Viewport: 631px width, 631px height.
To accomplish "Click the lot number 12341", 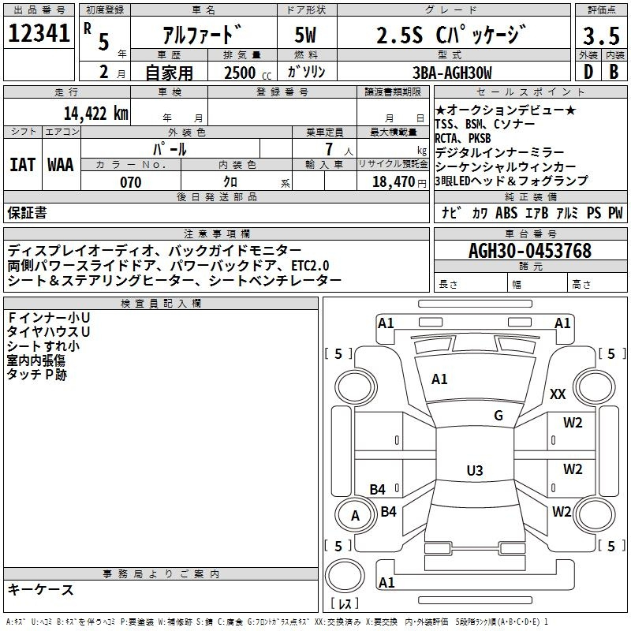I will click(39, 34).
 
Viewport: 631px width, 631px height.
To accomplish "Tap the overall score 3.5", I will click(600, 35).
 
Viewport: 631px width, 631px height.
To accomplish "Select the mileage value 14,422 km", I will click(95, 113).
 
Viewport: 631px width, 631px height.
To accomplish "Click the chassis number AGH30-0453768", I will click(529, 252).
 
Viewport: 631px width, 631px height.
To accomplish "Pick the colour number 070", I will click(130, 182).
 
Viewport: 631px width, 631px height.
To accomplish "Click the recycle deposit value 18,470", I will click(394, 182).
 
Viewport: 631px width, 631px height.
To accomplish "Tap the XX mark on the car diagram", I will click(558, 394).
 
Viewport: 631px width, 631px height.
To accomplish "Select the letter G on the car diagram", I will click(498, 416).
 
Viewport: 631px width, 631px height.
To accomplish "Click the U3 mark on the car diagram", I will click(474, 471).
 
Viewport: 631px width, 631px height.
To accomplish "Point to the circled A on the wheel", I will click(355, 516).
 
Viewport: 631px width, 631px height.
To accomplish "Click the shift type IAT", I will click(22, 165).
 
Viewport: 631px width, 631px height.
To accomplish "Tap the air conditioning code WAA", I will click(61, 165).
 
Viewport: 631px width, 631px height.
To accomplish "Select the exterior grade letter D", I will click(588, 73).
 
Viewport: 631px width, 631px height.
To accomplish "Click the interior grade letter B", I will click(614, 73).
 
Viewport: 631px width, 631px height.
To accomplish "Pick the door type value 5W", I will click(305, 35).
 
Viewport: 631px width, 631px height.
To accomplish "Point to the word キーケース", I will click(41, 589).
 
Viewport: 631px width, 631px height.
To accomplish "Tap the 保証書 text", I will click(27, 212).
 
